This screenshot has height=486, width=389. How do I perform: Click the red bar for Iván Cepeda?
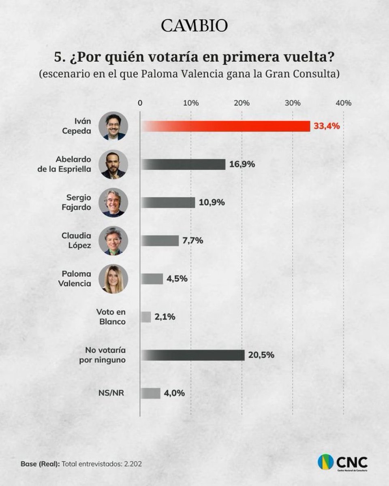(x=225, y=126)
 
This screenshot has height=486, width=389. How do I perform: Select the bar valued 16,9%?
(x=183, y=164)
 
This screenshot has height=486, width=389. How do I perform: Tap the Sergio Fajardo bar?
(x=168, y=202)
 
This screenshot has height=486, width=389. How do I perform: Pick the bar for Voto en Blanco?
(x=146, y=317)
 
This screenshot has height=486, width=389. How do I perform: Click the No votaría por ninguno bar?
(x=192, y=355)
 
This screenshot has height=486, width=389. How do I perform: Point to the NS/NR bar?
(x=150, y=393)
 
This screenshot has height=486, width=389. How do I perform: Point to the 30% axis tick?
(x=293, y=103)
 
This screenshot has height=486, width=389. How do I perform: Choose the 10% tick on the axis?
(x=191, y=103)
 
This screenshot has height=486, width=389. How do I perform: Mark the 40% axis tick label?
(x=344, y=103)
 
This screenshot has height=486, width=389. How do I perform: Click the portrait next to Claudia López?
(x=113, y=241)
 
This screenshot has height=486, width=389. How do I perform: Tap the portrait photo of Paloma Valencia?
(x=113, y=279)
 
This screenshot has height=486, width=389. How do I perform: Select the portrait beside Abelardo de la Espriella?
(x=113, y=164)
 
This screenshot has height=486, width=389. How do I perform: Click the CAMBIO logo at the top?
(x=194, y=26)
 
